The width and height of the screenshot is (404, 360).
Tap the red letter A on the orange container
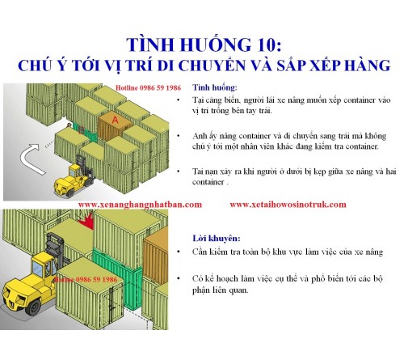(116, 121)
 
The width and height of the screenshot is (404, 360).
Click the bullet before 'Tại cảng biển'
(196, 100)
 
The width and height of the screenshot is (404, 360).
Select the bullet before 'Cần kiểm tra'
(196, 253)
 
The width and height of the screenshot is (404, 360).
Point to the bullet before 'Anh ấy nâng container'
(196, 135)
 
